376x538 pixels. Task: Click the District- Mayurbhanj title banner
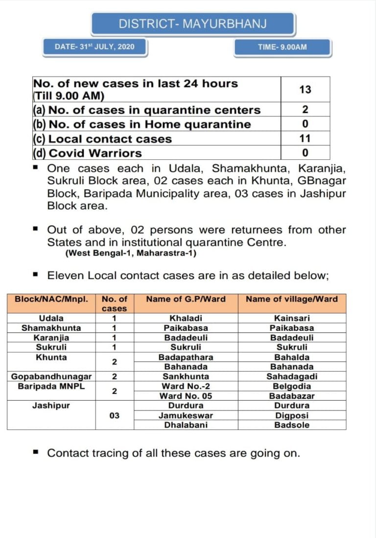[x=192, y=23]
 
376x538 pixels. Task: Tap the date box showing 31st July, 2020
[x=94, y=47]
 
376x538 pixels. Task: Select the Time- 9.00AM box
[x=282, y=47]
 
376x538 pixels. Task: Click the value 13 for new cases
[x=305, y=90]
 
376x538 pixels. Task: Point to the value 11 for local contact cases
[x=305, y=139]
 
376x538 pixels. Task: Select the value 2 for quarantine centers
[x=305, y=110]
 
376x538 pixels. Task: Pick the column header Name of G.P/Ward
[x=186, y=299]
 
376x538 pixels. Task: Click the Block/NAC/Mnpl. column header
[x=51, y=299]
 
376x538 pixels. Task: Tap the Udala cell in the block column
[x=51, y=318]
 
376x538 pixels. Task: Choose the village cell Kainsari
[x=292, y=318]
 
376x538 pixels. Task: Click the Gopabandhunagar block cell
[x=51, y=377]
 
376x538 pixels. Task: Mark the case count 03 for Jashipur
[x=114, y=415]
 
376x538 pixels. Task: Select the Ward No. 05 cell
[x=186, y=396]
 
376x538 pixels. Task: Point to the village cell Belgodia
[x=292, y=386]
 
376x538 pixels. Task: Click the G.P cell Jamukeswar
[x=186, y=415]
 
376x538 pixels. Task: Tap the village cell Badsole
[x=292, y=425]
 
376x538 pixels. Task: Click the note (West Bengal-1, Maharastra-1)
[x=131, y=253]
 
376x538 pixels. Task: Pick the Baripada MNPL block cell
[x=51, y=386]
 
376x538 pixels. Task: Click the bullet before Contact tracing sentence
[x=35, y=452]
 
